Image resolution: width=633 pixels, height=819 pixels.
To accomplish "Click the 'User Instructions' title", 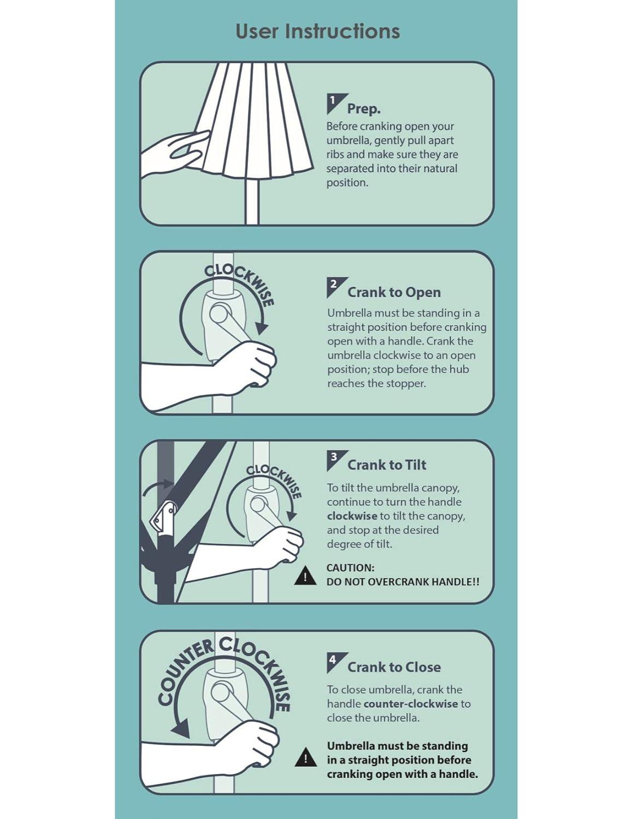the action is pos(317,31).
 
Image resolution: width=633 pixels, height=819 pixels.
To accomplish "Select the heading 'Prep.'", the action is pos(364,109).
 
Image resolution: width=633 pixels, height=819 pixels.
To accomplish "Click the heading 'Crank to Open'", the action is pos(394,293).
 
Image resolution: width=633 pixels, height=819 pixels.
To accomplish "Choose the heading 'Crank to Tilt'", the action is pos(387,465).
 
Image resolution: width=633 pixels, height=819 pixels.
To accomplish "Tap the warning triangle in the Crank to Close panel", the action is pos(305,757).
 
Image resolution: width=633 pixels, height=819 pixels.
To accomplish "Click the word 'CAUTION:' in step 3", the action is pos(350,568).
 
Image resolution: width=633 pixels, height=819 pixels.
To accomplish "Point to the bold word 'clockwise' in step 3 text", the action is pos(352,516).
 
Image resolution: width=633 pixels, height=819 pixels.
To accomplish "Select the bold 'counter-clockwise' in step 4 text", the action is pos(411,704).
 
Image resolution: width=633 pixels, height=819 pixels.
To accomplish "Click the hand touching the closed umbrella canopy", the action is pos(174,153).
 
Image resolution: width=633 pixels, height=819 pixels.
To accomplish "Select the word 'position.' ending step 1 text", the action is pos(347,183).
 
